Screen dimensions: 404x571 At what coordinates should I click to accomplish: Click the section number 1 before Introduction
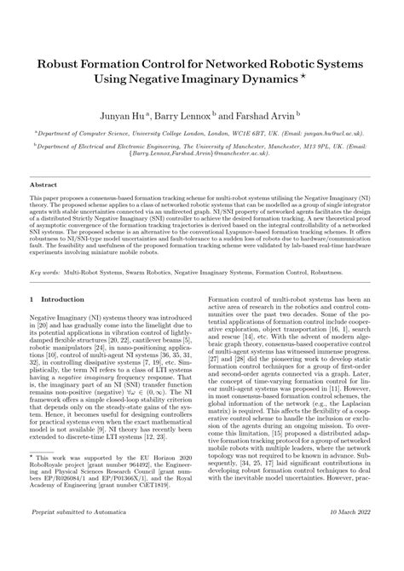[x=32, y=299]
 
